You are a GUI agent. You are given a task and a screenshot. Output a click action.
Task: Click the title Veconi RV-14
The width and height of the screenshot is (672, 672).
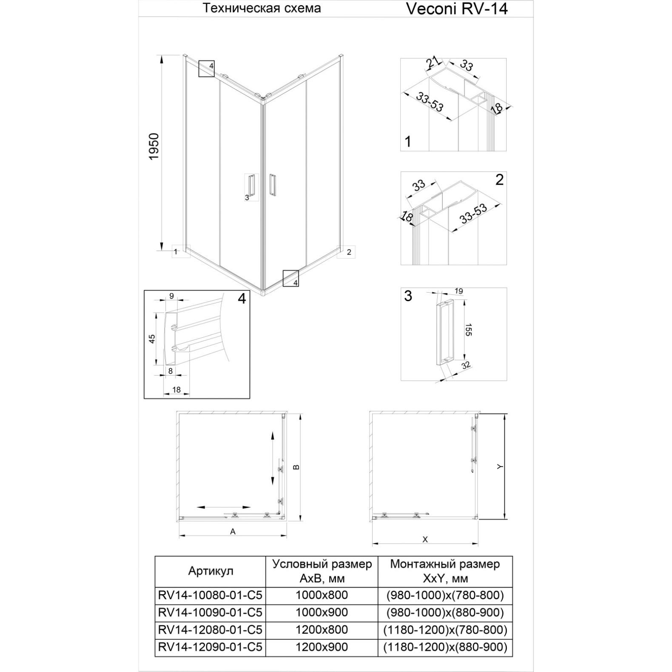457,9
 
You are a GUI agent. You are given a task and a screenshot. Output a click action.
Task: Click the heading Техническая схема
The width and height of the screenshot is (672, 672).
262,8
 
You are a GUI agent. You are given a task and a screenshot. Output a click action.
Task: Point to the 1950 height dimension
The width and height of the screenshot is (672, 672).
154,147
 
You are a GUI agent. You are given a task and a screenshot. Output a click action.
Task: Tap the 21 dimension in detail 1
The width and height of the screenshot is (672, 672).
433,63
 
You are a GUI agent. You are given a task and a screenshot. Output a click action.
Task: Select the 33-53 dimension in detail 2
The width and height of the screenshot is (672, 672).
473,215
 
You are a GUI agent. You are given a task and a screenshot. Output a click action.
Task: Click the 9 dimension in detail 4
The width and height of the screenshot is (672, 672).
172,296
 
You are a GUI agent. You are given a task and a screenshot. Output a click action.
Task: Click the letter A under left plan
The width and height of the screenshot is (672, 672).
233,531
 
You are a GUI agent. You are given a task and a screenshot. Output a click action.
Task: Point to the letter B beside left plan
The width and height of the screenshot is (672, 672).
297,467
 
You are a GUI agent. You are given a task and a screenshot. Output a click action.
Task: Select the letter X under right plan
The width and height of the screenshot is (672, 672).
424,539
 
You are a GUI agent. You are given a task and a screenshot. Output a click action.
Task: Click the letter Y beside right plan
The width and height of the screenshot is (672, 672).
500,467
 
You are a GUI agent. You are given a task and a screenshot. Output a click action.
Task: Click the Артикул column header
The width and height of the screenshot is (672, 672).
211,571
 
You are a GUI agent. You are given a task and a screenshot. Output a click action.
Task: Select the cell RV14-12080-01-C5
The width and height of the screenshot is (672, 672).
210,629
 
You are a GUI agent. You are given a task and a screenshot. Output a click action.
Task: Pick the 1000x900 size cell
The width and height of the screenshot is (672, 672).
322,612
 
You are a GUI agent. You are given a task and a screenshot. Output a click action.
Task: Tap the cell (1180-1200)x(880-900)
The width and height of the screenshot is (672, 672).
445,647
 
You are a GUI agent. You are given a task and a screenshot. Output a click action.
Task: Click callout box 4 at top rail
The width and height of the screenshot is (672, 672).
206,68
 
